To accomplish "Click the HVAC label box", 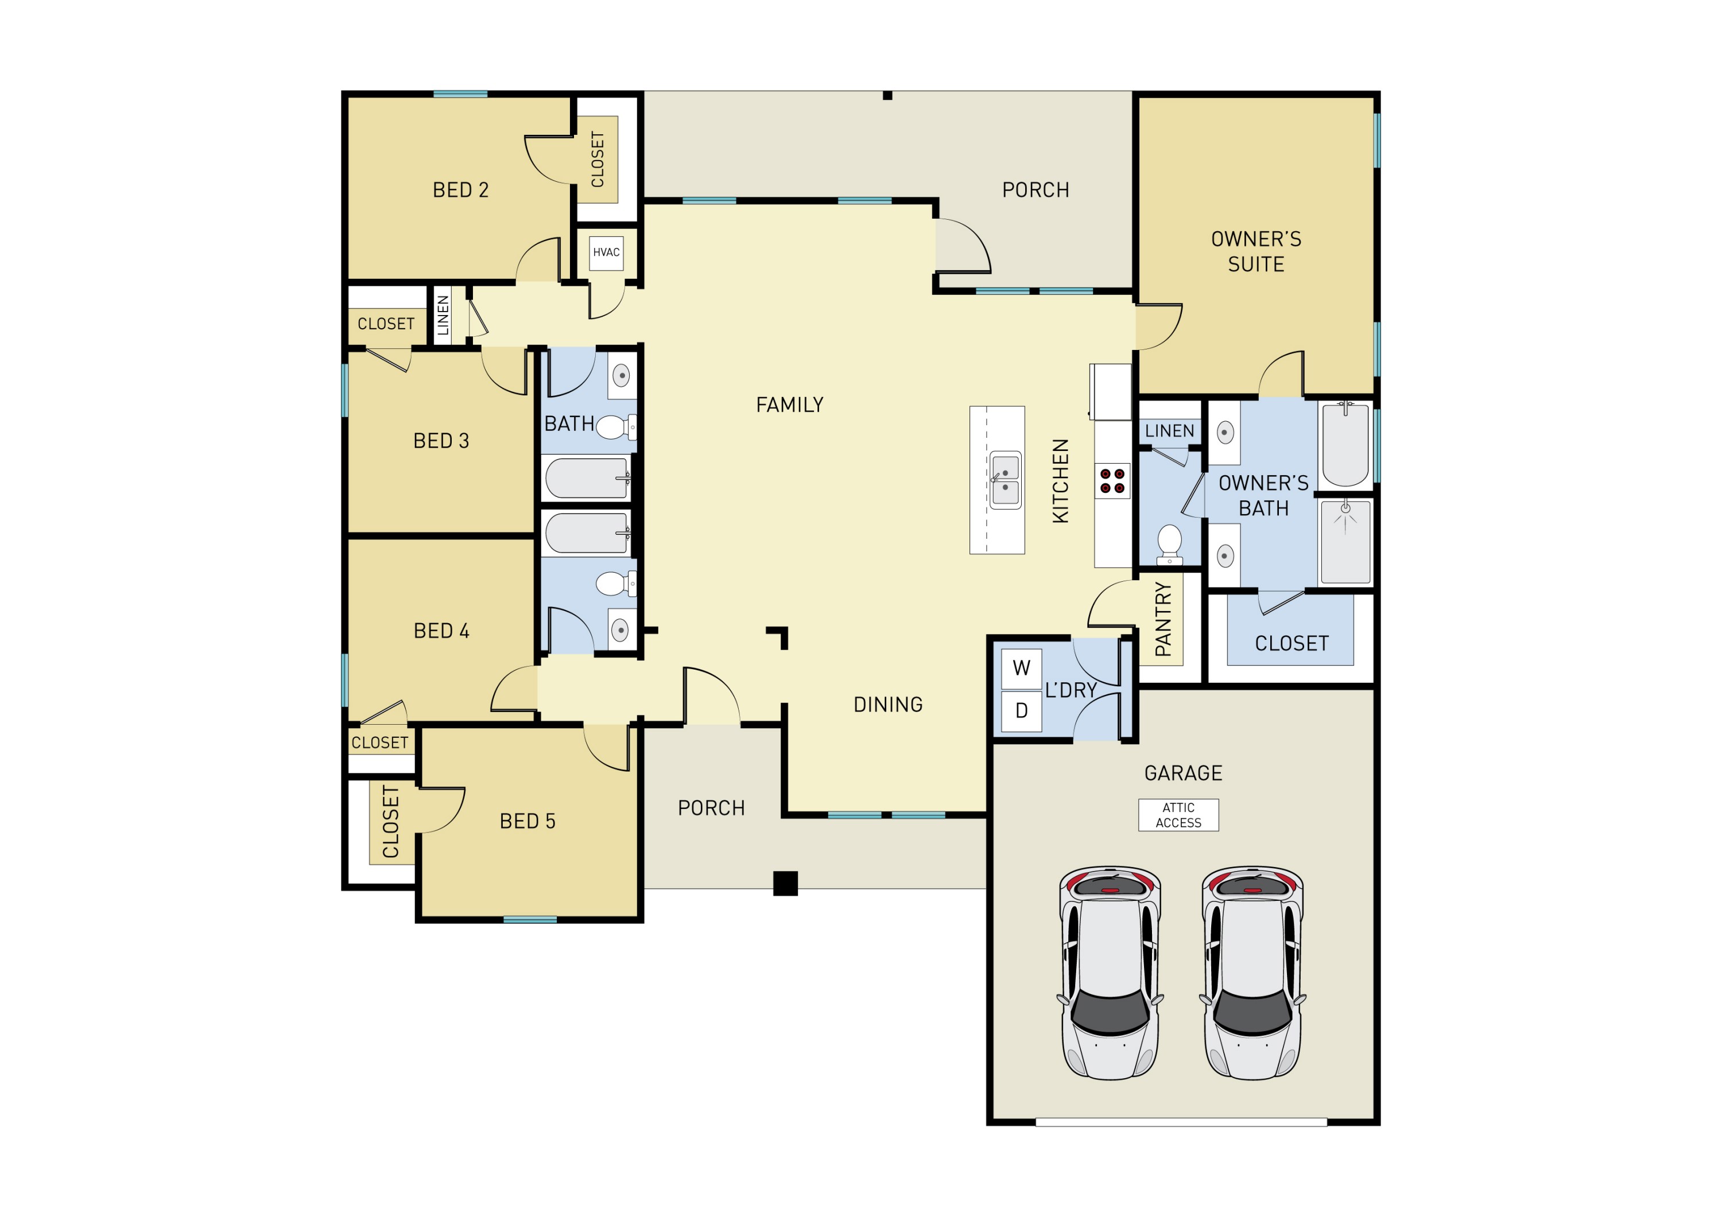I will [606, 252].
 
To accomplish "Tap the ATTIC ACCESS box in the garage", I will [1178, 815].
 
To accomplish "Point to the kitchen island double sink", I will [1005, 481].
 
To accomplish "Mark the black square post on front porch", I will [785, 882].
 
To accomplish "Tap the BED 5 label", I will [528, 821].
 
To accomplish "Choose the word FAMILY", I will [789, 405].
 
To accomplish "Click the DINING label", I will [888, 704].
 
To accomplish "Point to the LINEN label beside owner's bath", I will [1169, 431].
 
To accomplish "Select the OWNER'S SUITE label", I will [1256, 251].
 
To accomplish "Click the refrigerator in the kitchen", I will [1111, 391].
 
